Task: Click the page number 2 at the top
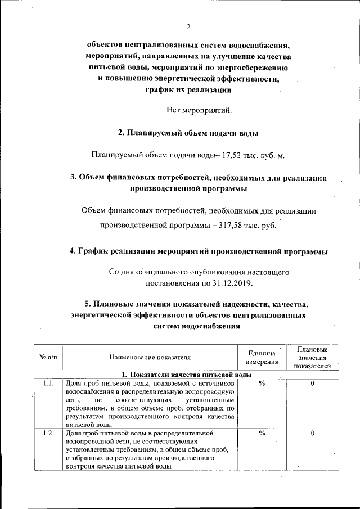click(188, 27)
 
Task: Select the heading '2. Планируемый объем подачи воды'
click(188, 133)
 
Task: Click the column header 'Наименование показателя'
click(150, 357)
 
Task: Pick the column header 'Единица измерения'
click(262, 357)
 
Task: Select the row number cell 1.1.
click(48, 384)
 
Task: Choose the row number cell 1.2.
click(48, 433)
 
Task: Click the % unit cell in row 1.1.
click(262, 384)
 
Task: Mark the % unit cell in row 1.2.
click(262, 433)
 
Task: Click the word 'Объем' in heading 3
click(92, 178)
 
